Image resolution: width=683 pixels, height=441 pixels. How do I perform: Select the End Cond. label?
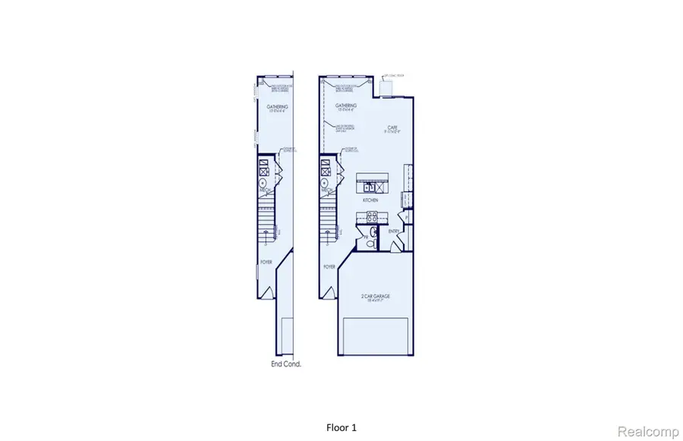(x=286, y=364)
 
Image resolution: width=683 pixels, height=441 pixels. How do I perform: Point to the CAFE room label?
(x=391, y=128)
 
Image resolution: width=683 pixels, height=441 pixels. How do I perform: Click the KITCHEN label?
(x=371, y=200)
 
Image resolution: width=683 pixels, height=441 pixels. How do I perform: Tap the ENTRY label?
(x=393, y=231)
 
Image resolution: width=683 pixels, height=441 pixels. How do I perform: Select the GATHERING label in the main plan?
(x=348, y=106)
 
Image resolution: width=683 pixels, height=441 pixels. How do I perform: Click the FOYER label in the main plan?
(x=329, y=267)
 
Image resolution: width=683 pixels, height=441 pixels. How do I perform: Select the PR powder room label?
(x=366, y=238)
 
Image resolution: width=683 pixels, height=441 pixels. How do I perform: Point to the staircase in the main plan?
(x=328, y=220)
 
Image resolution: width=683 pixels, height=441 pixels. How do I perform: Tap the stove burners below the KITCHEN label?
(x=372, y=215)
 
